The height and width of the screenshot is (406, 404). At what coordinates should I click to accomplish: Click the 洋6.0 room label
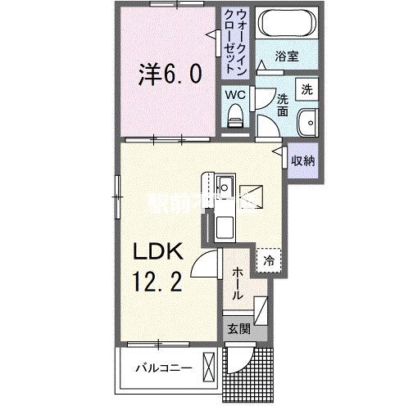coord(170,75)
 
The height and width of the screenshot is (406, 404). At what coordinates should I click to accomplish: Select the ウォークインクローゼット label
coord(234,41)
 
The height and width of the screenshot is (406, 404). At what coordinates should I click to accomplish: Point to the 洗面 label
coord(282,105)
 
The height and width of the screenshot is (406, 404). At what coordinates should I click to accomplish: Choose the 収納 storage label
coord(302,160)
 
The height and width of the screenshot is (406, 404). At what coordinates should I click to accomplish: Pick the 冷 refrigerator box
coord(268,261)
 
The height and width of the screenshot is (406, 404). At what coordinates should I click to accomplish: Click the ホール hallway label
coord(236,282)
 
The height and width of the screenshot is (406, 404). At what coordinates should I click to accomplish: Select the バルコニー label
coord(164,368)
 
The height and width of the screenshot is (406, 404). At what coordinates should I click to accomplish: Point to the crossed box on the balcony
coord(211,365)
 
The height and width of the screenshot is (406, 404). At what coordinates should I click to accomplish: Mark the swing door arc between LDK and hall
coord(204,266)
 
